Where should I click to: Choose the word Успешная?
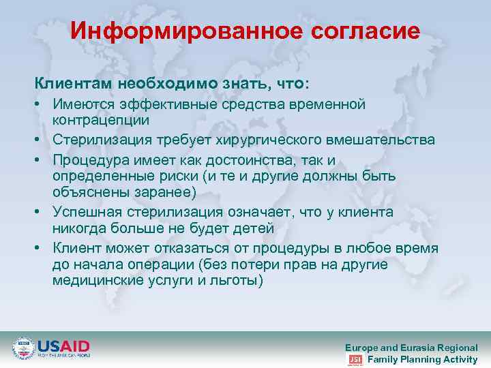[91, 212]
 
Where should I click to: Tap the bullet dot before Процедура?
[40, 161]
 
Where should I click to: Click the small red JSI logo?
[355, 359]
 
